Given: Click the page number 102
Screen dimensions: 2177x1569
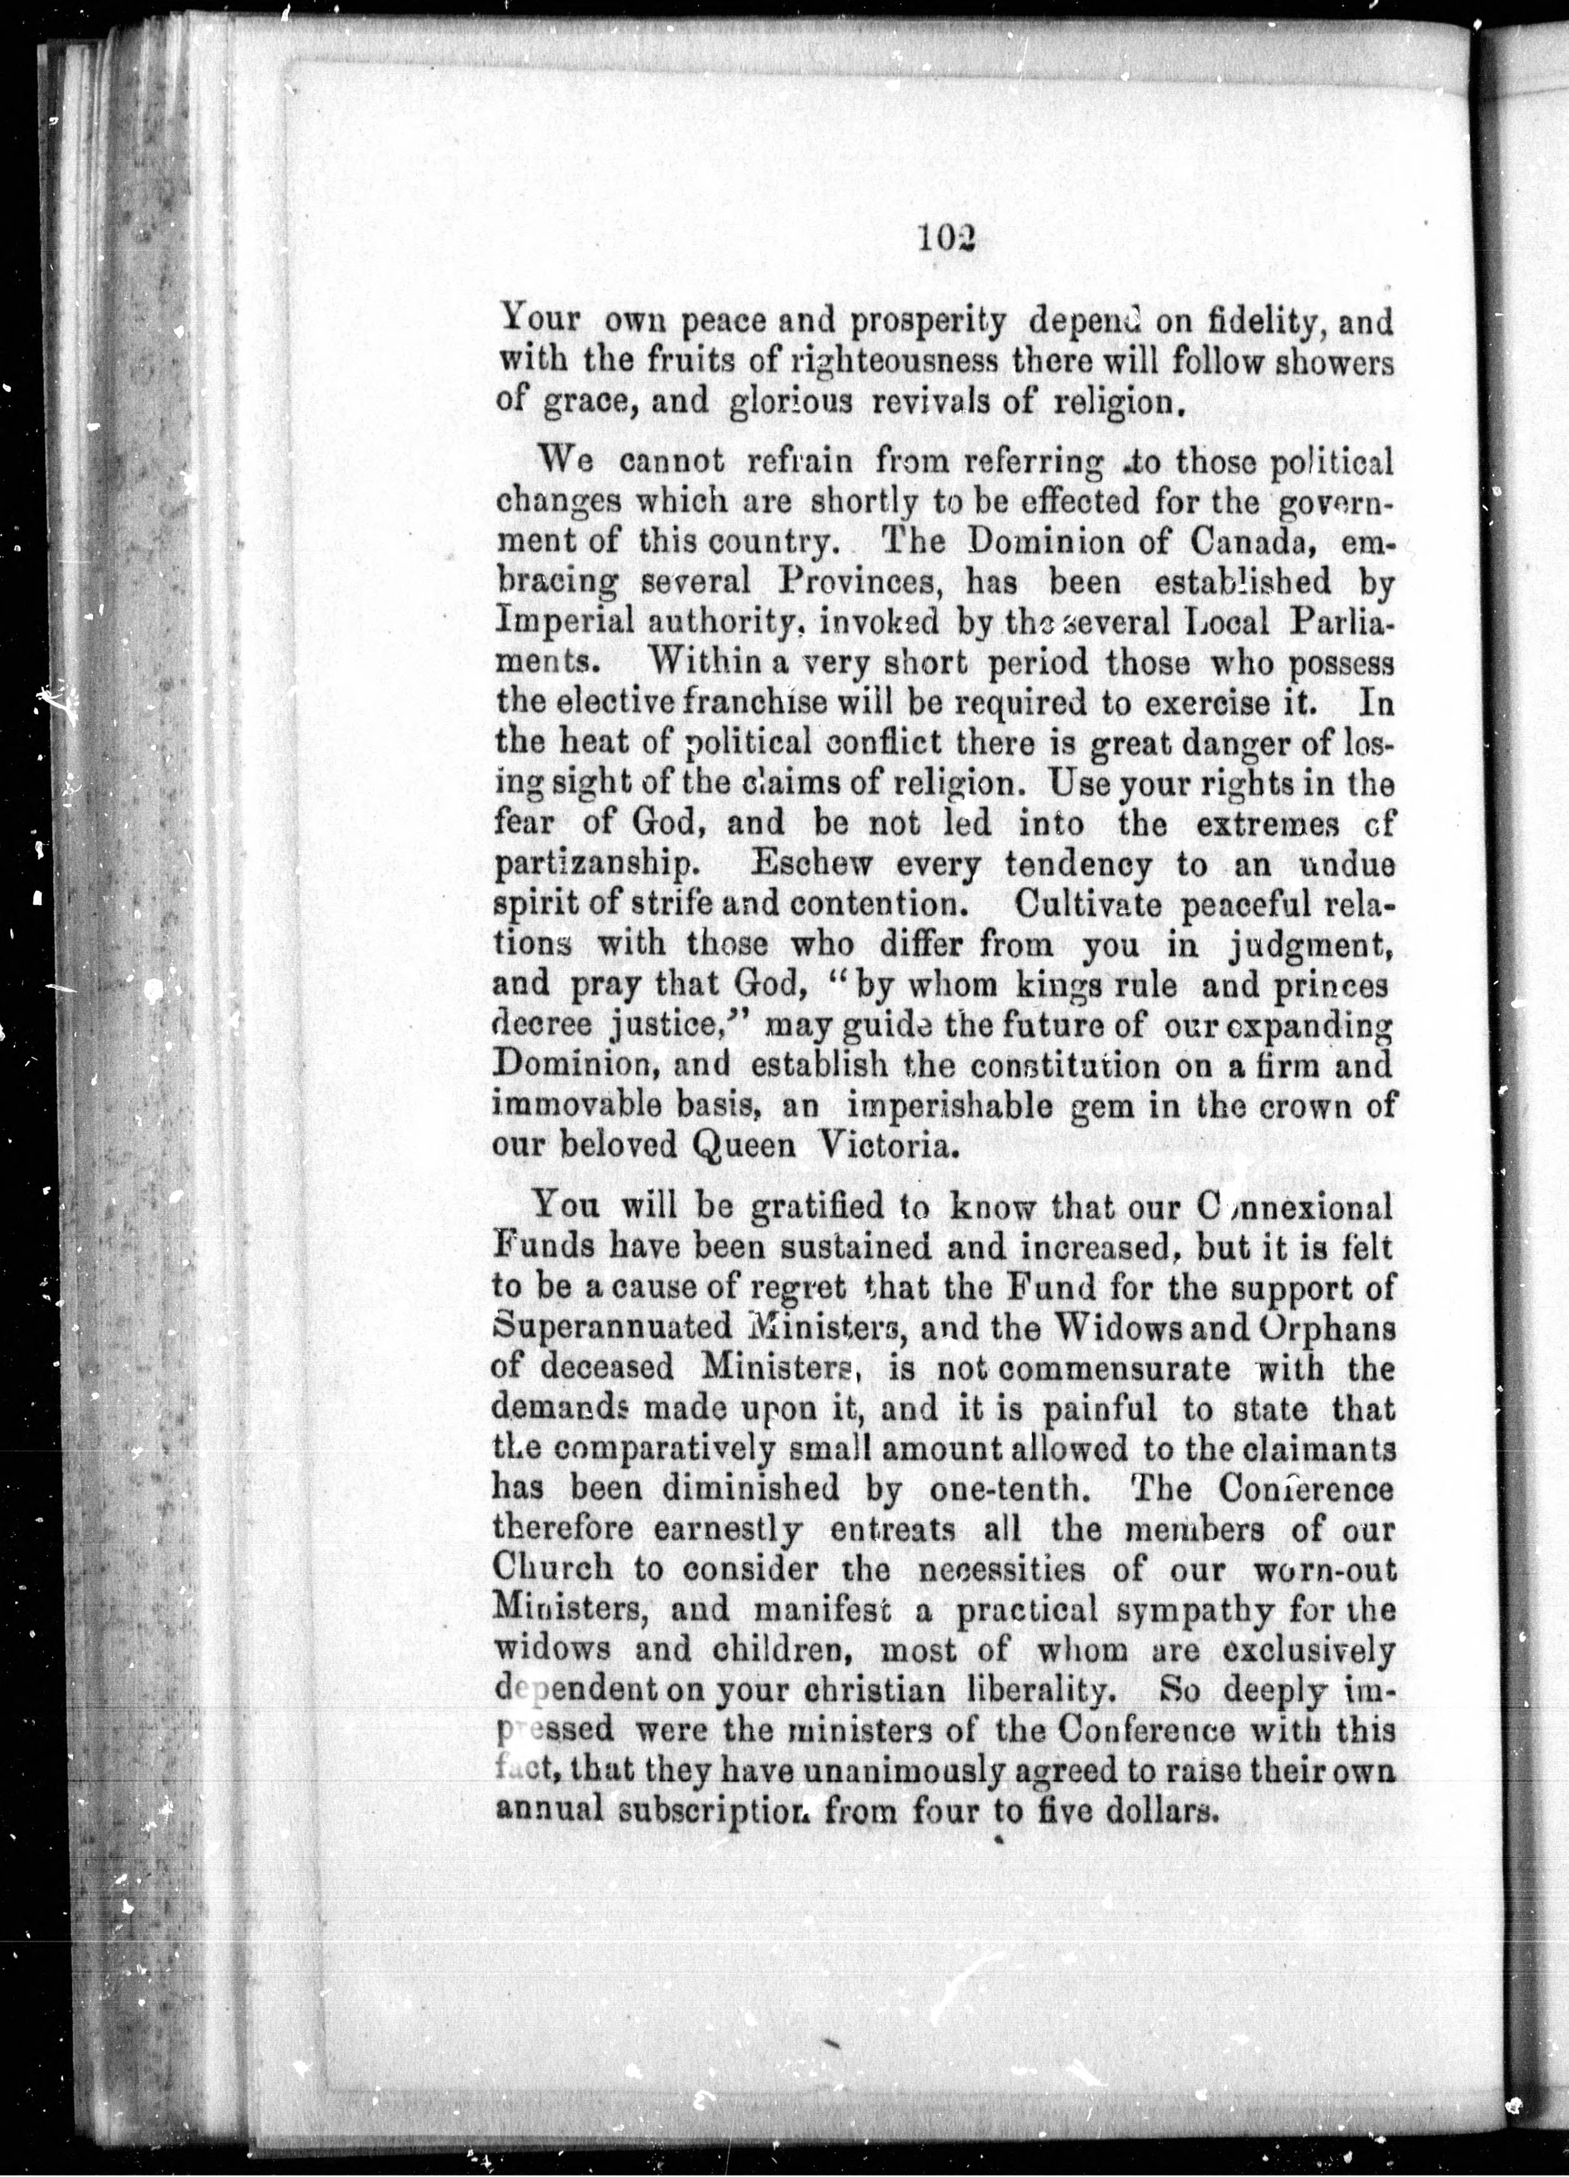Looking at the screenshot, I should coord(945,237).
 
